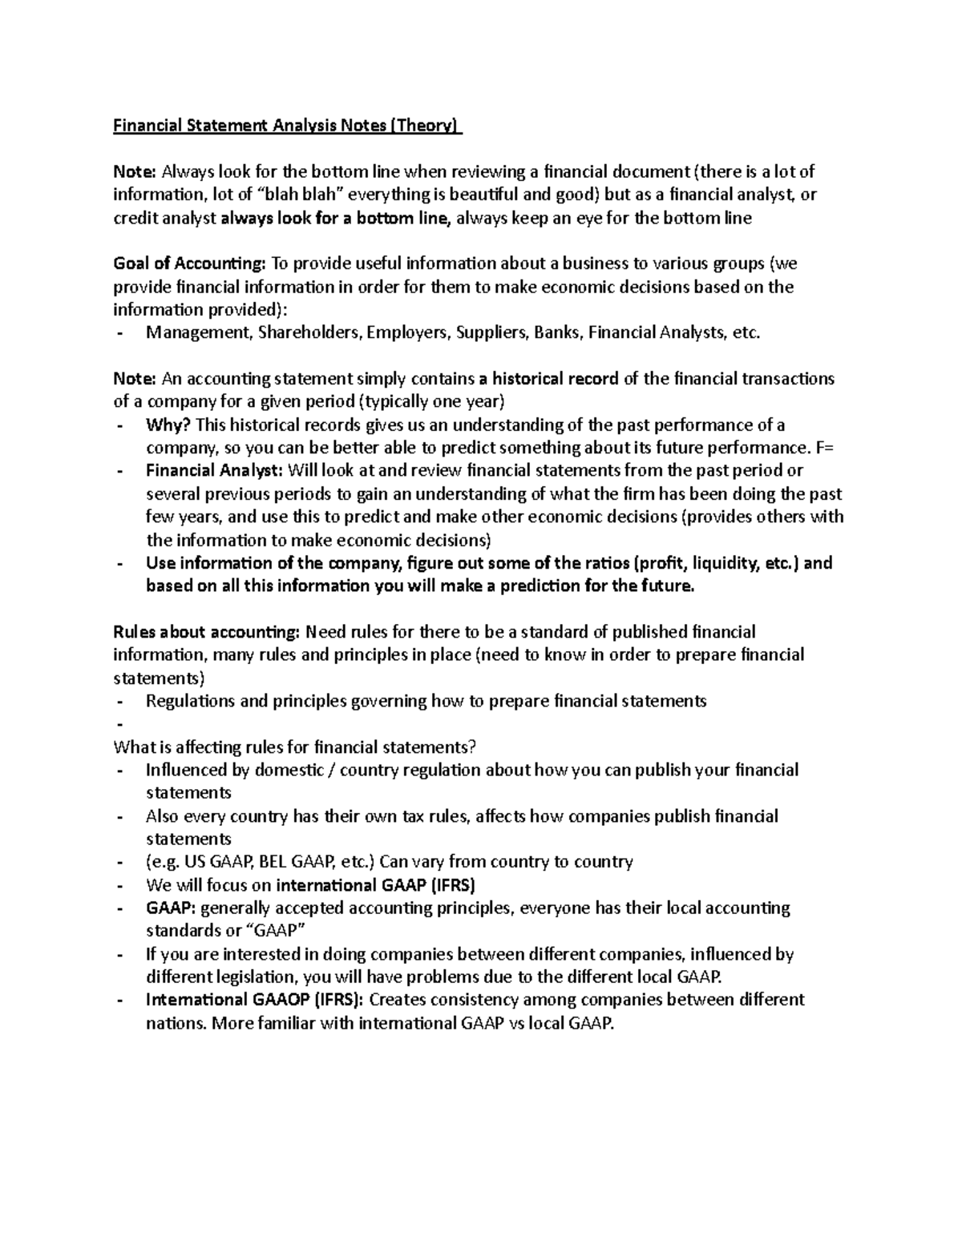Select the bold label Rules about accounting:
[207, 632]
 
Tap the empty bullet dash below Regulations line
[119, 724]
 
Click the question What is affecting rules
[295, 747]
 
